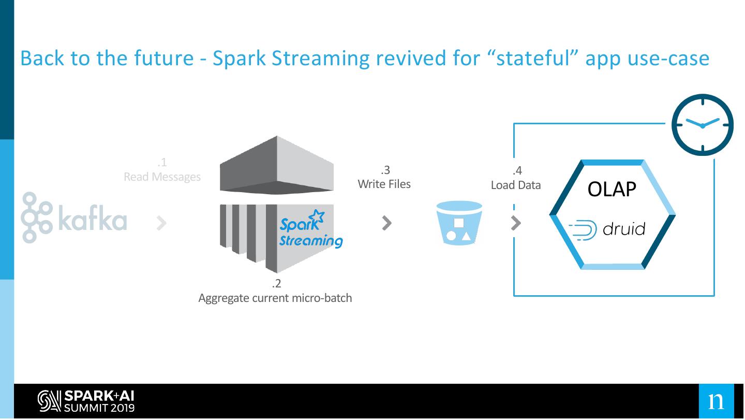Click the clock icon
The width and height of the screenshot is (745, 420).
click(703, 125)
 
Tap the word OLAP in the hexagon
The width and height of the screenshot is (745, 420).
click(612, 190)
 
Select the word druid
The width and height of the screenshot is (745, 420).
click(624, 229)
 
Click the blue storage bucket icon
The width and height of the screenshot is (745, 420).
click(459, 223)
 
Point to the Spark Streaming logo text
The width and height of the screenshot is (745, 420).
click(310, 229)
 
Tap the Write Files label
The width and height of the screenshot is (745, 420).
click(384, 184)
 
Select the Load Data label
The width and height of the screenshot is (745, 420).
click(516, 185)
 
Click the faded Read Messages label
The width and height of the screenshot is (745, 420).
click(162, 177)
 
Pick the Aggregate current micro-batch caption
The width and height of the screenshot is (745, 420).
click(275, 298)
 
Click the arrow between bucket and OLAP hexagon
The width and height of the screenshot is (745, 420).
click(515, 223)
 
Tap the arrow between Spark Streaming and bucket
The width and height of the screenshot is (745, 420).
click(387, 223)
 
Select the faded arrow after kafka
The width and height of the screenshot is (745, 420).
click(161, 223)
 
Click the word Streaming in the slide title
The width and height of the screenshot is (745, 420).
click(321, 59)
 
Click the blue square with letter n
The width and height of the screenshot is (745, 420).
click(717, 401)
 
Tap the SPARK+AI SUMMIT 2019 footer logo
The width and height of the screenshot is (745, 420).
click(86, 401)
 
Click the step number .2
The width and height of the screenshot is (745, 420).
click(276, 284)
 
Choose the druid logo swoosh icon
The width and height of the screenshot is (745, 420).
click(583, 230)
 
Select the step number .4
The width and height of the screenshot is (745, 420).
click(517, 171)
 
